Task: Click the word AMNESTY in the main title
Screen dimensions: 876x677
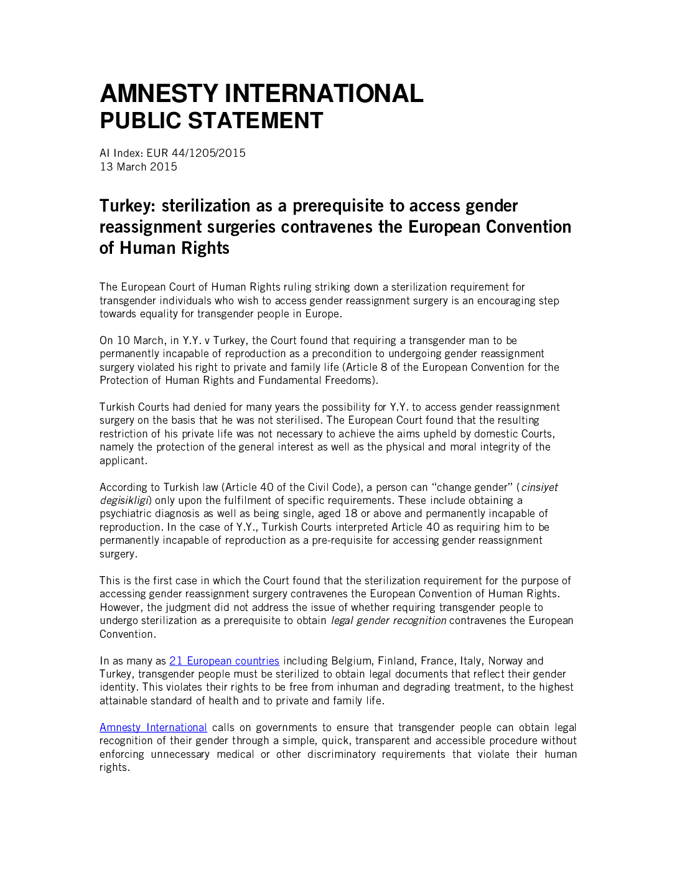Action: pyautogui.click(x=159, y=94)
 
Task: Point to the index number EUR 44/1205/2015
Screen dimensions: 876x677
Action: pyautogui.click(x=196, y=153)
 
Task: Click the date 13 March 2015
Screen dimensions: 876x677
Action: pyautogui.click(x=138, y=167)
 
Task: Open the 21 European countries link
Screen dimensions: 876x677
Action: pyautogui.click(x=224, y=661)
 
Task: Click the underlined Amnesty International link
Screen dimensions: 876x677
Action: pyautogui.click(x=153, y=727)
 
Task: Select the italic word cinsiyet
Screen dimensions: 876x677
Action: pyautogui.click(x=539, y=487)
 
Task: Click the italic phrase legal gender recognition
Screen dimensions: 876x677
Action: pyautogui.click(x=388, y=620)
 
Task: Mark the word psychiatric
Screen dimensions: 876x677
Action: pyautogui.click(x=125, y=514)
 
